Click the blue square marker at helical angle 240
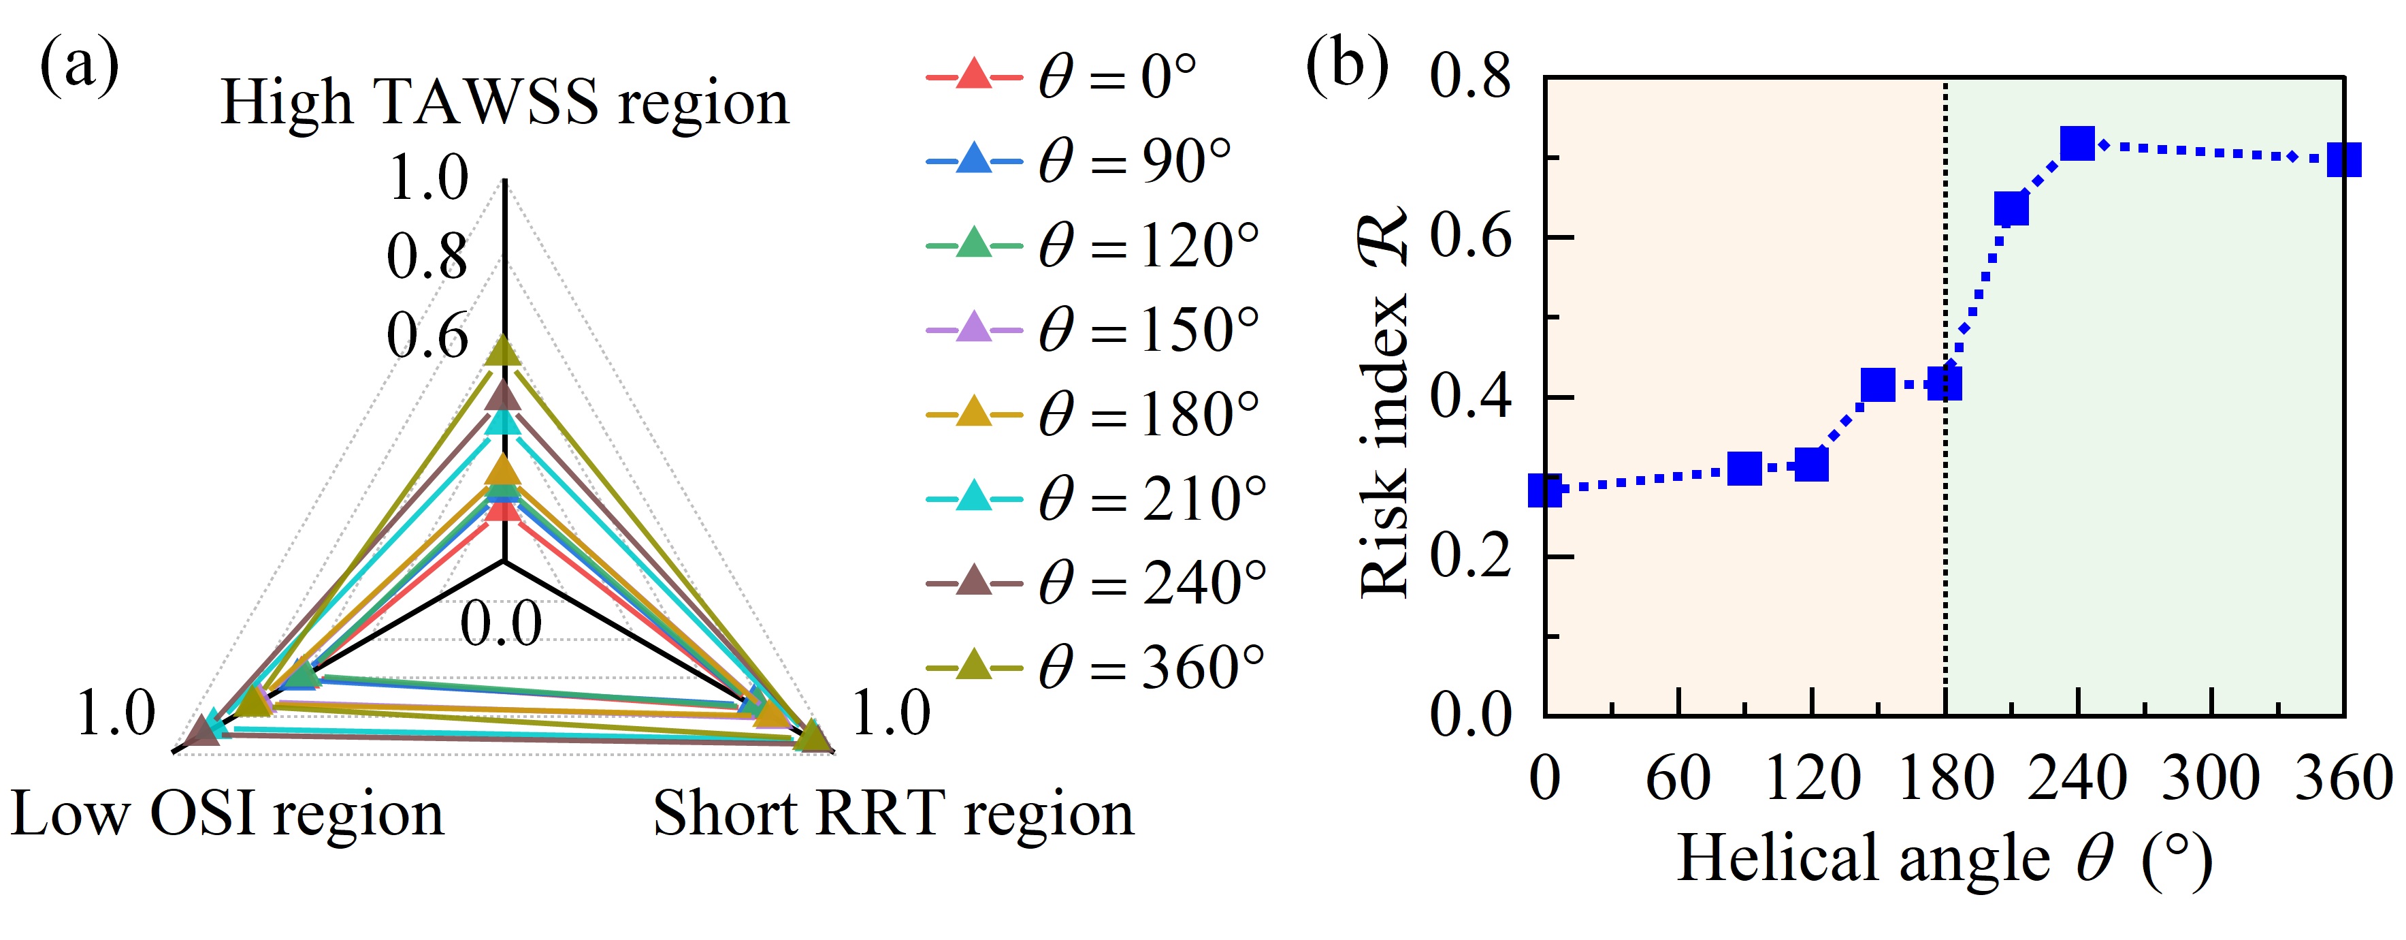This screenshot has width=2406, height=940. pos(2077,144)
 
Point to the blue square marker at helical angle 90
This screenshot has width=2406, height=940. pos(1744,468)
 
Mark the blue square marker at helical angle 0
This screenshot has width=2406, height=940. pos(1546,490)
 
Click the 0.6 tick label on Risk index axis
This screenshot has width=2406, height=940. pos(1470,237)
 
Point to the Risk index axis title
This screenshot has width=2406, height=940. pos(1384,402)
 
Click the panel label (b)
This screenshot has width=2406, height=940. pos(1347,63)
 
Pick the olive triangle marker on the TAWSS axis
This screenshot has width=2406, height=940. pos(504,351)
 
